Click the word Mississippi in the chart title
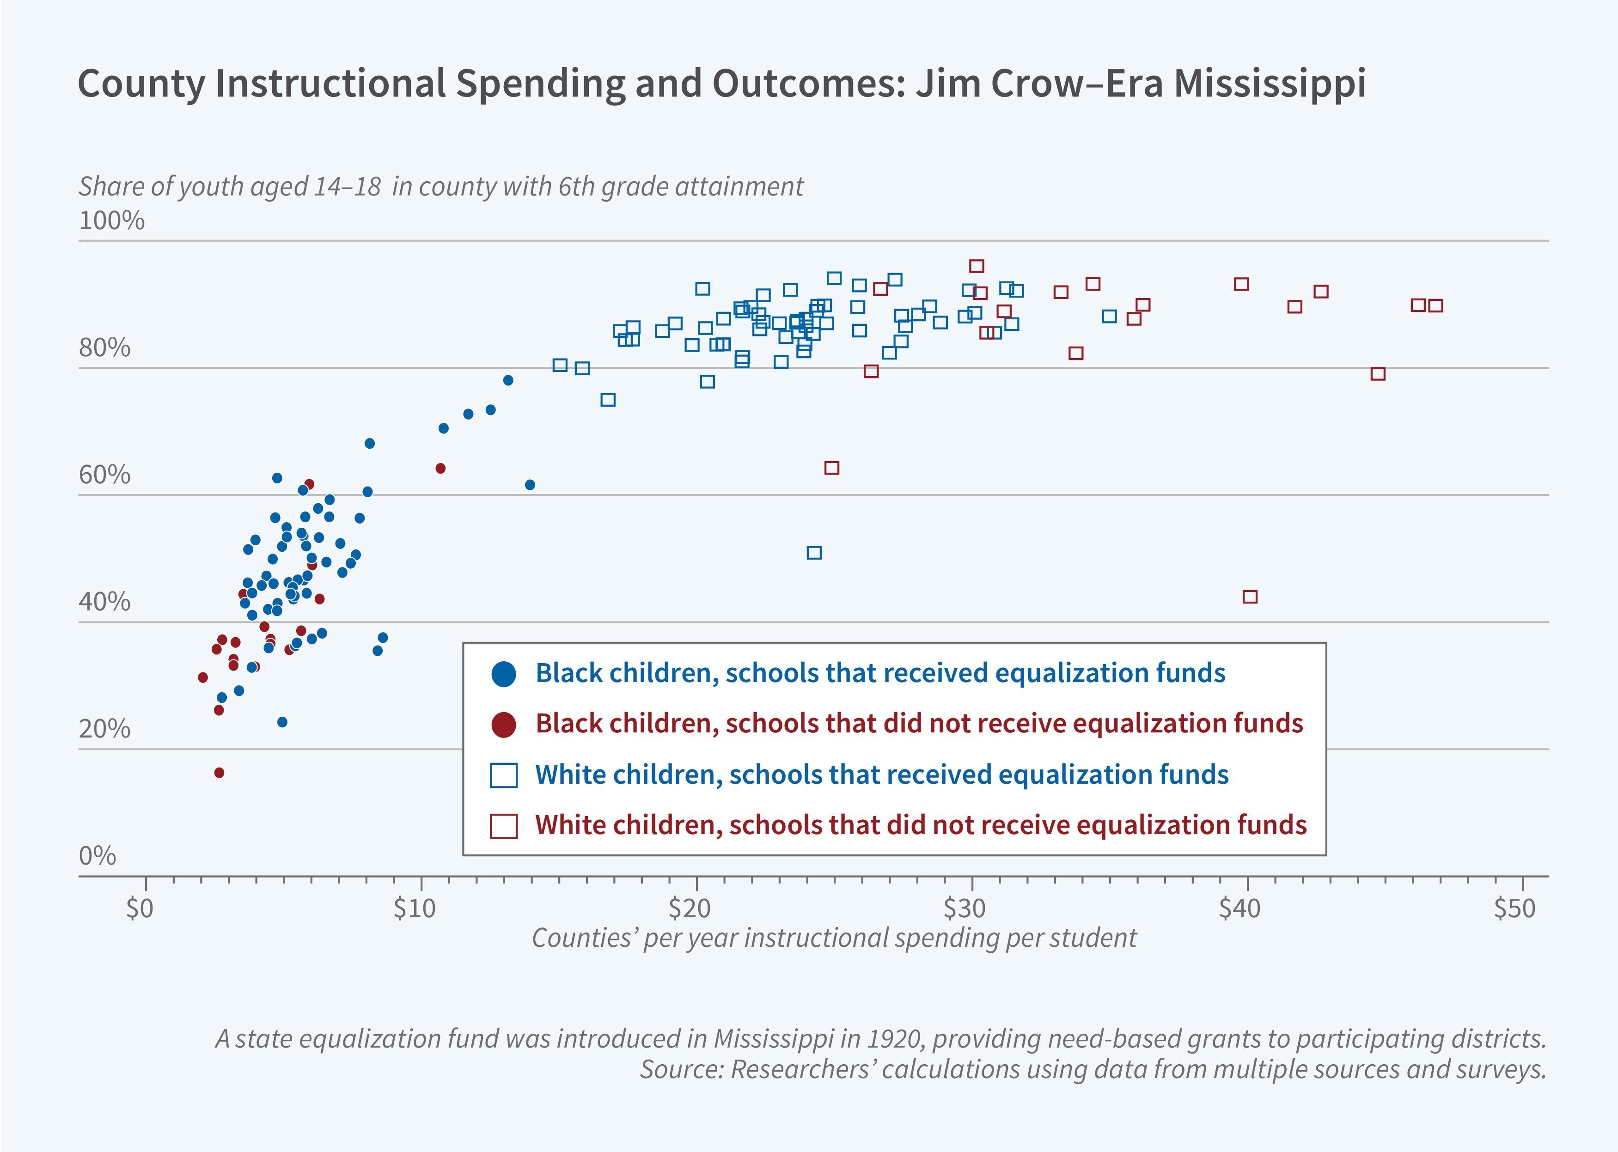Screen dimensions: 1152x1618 1270,84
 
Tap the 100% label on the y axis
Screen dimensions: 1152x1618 111,220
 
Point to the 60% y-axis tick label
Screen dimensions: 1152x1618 104,475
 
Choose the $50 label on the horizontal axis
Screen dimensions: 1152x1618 1514,908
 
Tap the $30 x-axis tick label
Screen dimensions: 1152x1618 964,908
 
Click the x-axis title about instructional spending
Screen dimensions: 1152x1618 833,938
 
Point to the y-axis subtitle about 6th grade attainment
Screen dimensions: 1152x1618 440,187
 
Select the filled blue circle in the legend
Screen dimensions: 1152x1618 504,674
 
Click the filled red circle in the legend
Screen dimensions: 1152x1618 504,724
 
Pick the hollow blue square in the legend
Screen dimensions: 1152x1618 504,775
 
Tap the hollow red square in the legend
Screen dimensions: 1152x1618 504,826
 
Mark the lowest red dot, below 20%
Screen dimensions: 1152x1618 219,773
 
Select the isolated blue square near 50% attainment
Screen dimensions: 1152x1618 814,553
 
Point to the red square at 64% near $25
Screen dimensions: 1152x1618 832,468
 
